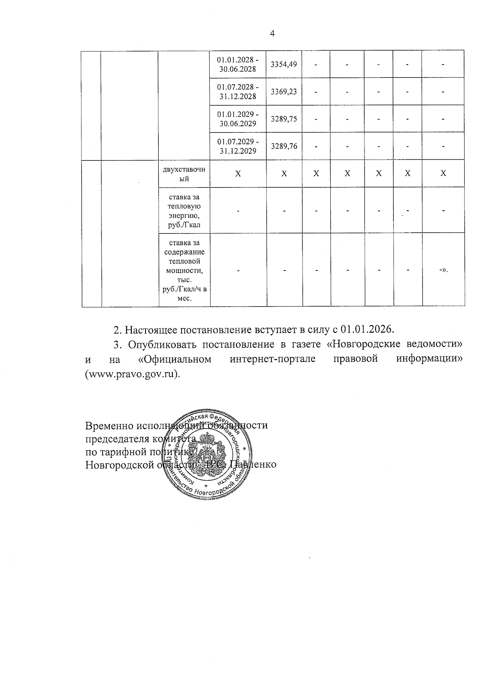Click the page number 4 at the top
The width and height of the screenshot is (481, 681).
pos(273,33)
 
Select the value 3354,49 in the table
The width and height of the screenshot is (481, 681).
pos(284,64)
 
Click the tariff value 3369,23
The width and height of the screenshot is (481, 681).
pos(284,91)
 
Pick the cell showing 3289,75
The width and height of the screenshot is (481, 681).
pos(284,119)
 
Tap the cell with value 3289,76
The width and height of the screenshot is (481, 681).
pos(284,146)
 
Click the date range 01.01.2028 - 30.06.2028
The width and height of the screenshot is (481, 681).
pos(238,64)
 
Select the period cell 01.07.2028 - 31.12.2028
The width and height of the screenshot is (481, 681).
pos(238,91)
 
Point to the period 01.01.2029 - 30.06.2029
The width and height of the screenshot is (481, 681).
pos(238,119)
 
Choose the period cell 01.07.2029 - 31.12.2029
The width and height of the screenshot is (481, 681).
pos(238,146)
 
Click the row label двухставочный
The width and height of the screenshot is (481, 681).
pos(184,174)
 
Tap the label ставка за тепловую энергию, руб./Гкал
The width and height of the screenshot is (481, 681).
pos(184,211)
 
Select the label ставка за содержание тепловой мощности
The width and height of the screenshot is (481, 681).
pos(184,270)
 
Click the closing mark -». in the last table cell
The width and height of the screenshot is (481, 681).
pos(443,270)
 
